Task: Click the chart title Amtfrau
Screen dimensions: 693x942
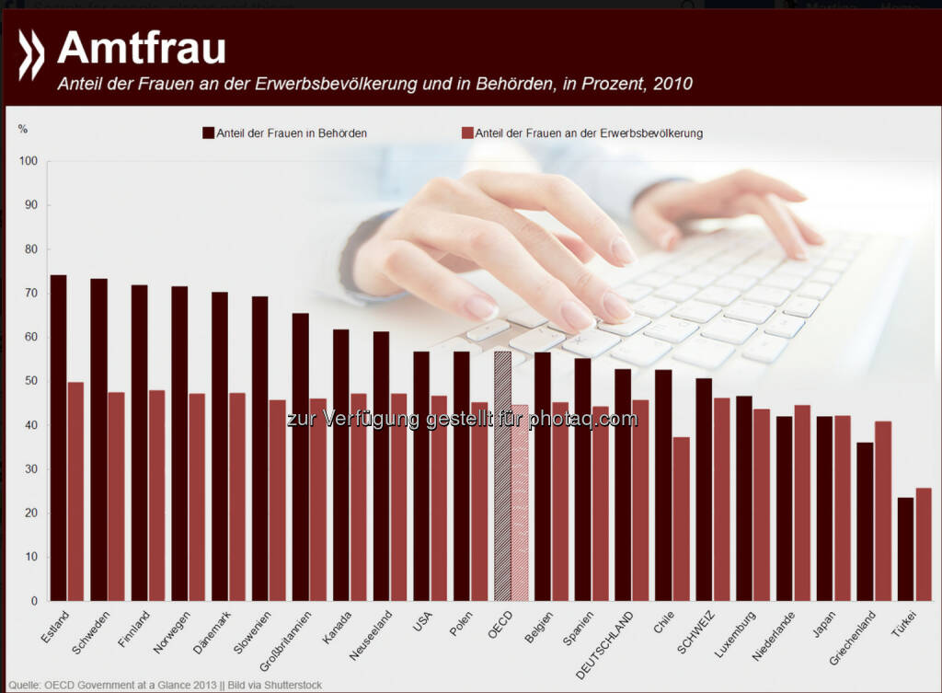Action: point(142,48)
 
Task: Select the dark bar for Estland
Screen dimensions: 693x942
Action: point(58,437)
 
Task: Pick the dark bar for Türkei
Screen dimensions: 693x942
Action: point(906,549)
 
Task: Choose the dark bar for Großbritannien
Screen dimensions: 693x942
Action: point(301,456)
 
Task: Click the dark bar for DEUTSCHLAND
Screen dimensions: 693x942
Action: point(623,484)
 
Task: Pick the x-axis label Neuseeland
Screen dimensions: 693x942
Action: point(371,635)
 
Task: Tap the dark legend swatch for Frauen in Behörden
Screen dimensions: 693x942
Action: point(208,133)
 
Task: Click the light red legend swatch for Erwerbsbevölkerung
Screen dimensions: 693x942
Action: point(467,133)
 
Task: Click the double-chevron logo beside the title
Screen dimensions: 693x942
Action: point(31,54)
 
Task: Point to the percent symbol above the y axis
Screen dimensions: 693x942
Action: point(22,129)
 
